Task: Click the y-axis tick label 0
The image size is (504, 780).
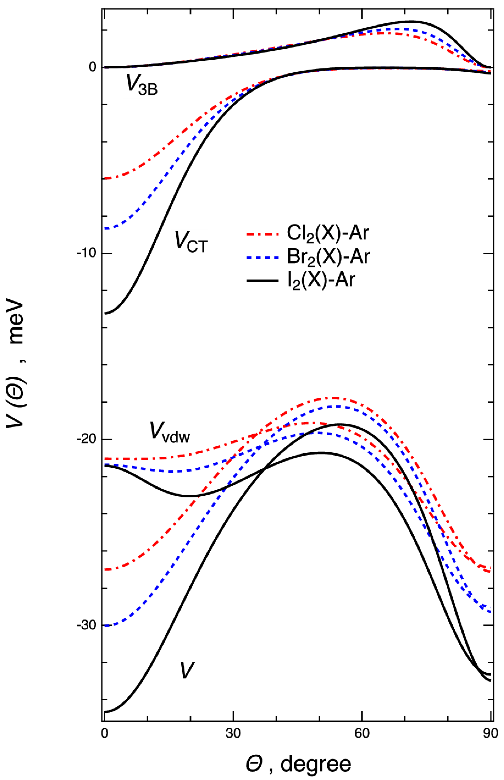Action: (x=92, y=67)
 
